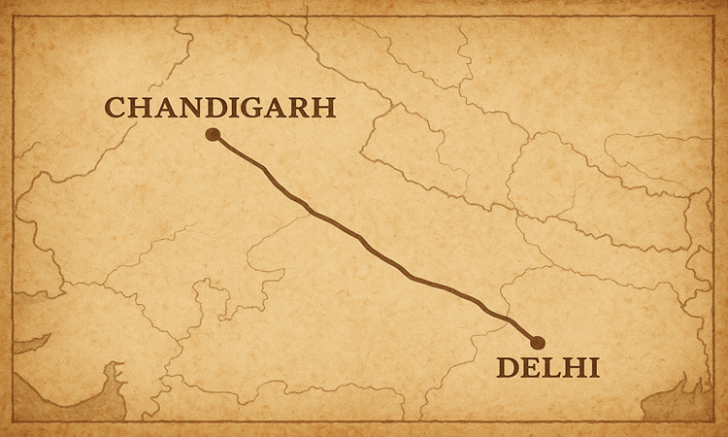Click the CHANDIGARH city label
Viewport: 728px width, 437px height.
point(219,108)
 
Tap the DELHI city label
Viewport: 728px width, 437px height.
point(546,368)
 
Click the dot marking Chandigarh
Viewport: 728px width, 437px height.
point(213,135)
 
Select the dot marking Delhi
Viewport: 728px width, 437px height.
point(538,342)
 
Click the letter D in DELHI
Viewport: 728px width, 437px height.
point(508,368)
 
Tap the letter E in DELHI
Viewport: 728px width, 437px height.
point(532,368)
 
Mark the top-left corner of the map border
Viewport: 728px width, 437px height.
point(14,14)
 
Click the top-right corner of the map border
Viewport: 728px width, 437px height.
point(714,14)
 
